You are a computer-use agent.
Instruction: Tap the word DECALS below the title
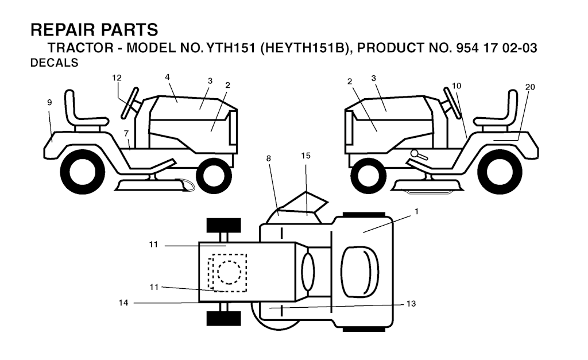pos(53,64)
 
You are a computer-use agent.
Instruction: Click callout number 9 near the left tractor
pos(49,102)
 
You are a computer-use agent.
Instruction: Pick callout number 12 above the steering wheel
pos(117,78)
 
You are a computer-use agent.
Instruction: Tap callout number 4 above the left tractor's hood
pos(167,77)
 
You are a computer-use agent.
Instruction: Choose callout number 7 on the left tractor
pos(126,133)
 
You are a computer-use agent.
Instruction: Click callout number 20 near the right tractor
pos(530,87)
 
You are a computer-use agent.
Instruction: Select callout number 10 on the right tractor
pos(456,86)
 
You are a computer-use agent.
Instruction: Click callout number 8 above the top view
pos(269,156)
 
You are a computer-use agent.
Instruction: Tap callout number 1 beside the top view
pos(416,211)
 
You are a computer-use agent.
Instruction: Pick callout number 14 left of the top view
pos(123,303)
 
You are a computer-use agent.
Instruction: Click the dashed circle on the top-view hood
pos(229,272)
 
